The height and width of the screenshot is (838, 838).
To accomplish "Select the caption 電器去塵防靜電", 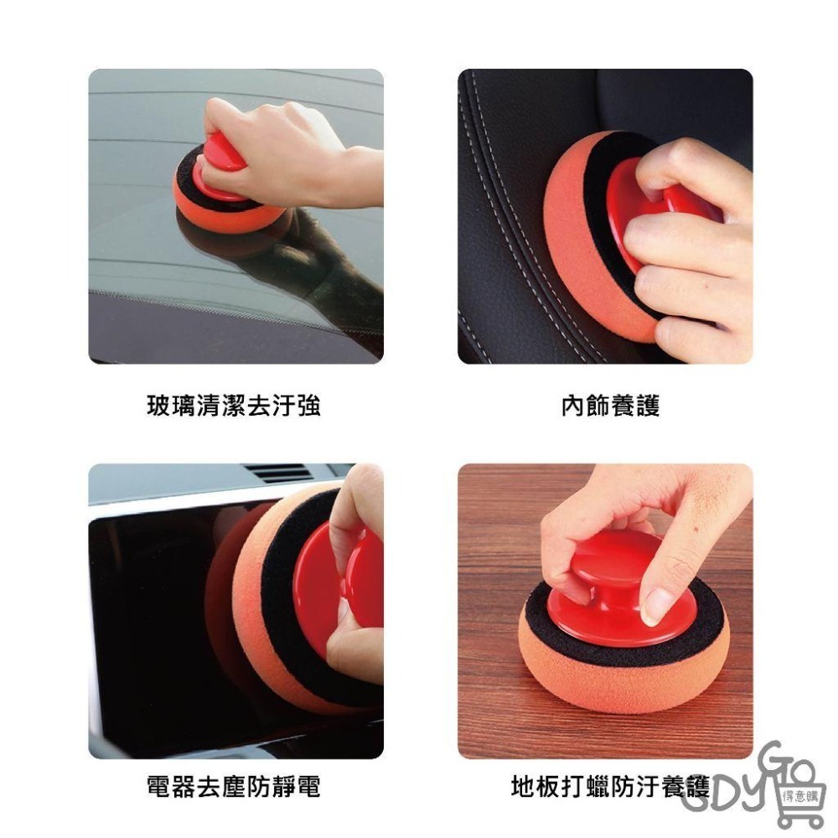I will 234,786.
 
